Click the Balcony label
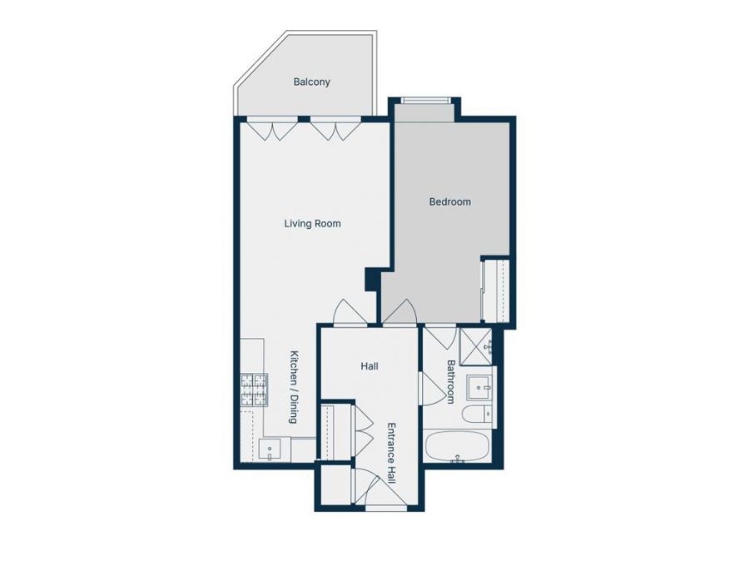tap(312, 82)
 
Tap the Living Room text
tap(312, 224)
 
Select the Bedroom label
tap(449, 201)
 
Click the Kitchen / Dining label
tap(293, 386)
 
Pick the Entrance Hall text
tap(390, 454)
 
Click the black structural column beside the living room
tap(371, 279)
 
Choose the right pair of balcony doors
tap(335, 129)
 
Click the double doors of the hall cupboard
tap(363, 429)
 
